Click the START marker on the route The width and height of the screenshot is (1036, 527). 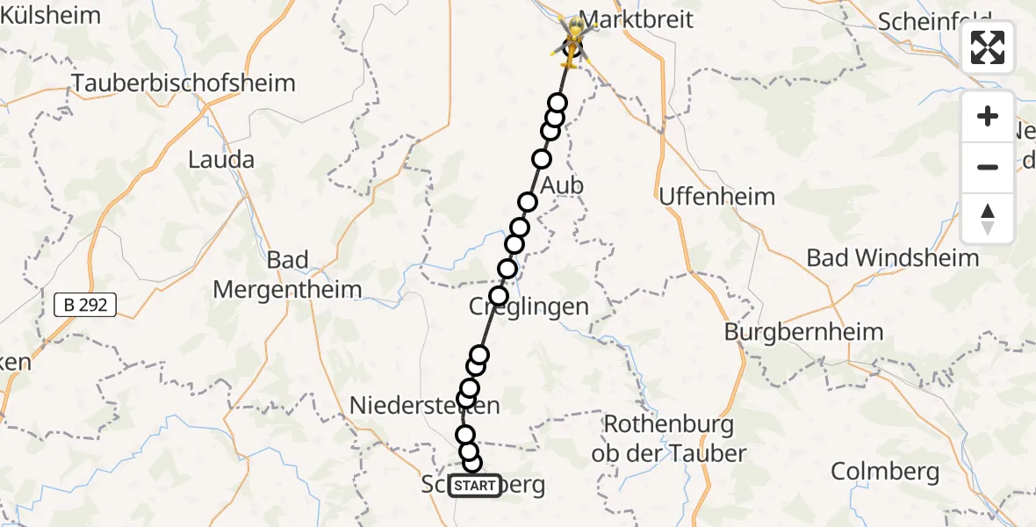(x=475, y=486)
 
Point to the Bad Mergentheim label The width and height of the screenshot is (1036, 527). (x=287, y=275)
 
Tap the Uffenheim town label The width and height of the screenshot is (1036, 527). (x=716, y=196)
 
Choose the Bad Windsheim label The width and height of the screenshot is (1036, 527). (x=892, y=258)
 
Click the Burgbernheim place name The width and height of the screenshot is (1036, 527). (x=803, y=332)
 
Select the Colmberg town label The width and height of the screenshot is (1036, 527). (x=885, y=472)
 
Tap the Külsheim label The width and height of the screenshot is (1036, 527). (x=50, y=15)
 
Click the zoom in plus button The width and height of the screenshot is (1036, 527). (x=988, y=116)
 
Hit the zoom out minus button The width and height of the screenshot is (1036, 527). (x=988, y=167)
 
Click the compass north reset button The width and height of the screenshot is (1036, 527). (x=988, y=218)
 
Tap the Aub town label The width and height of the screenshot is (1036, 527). (x=562, y=186)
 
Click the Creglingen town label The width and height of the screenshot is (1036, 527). (x=528, y=307)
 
